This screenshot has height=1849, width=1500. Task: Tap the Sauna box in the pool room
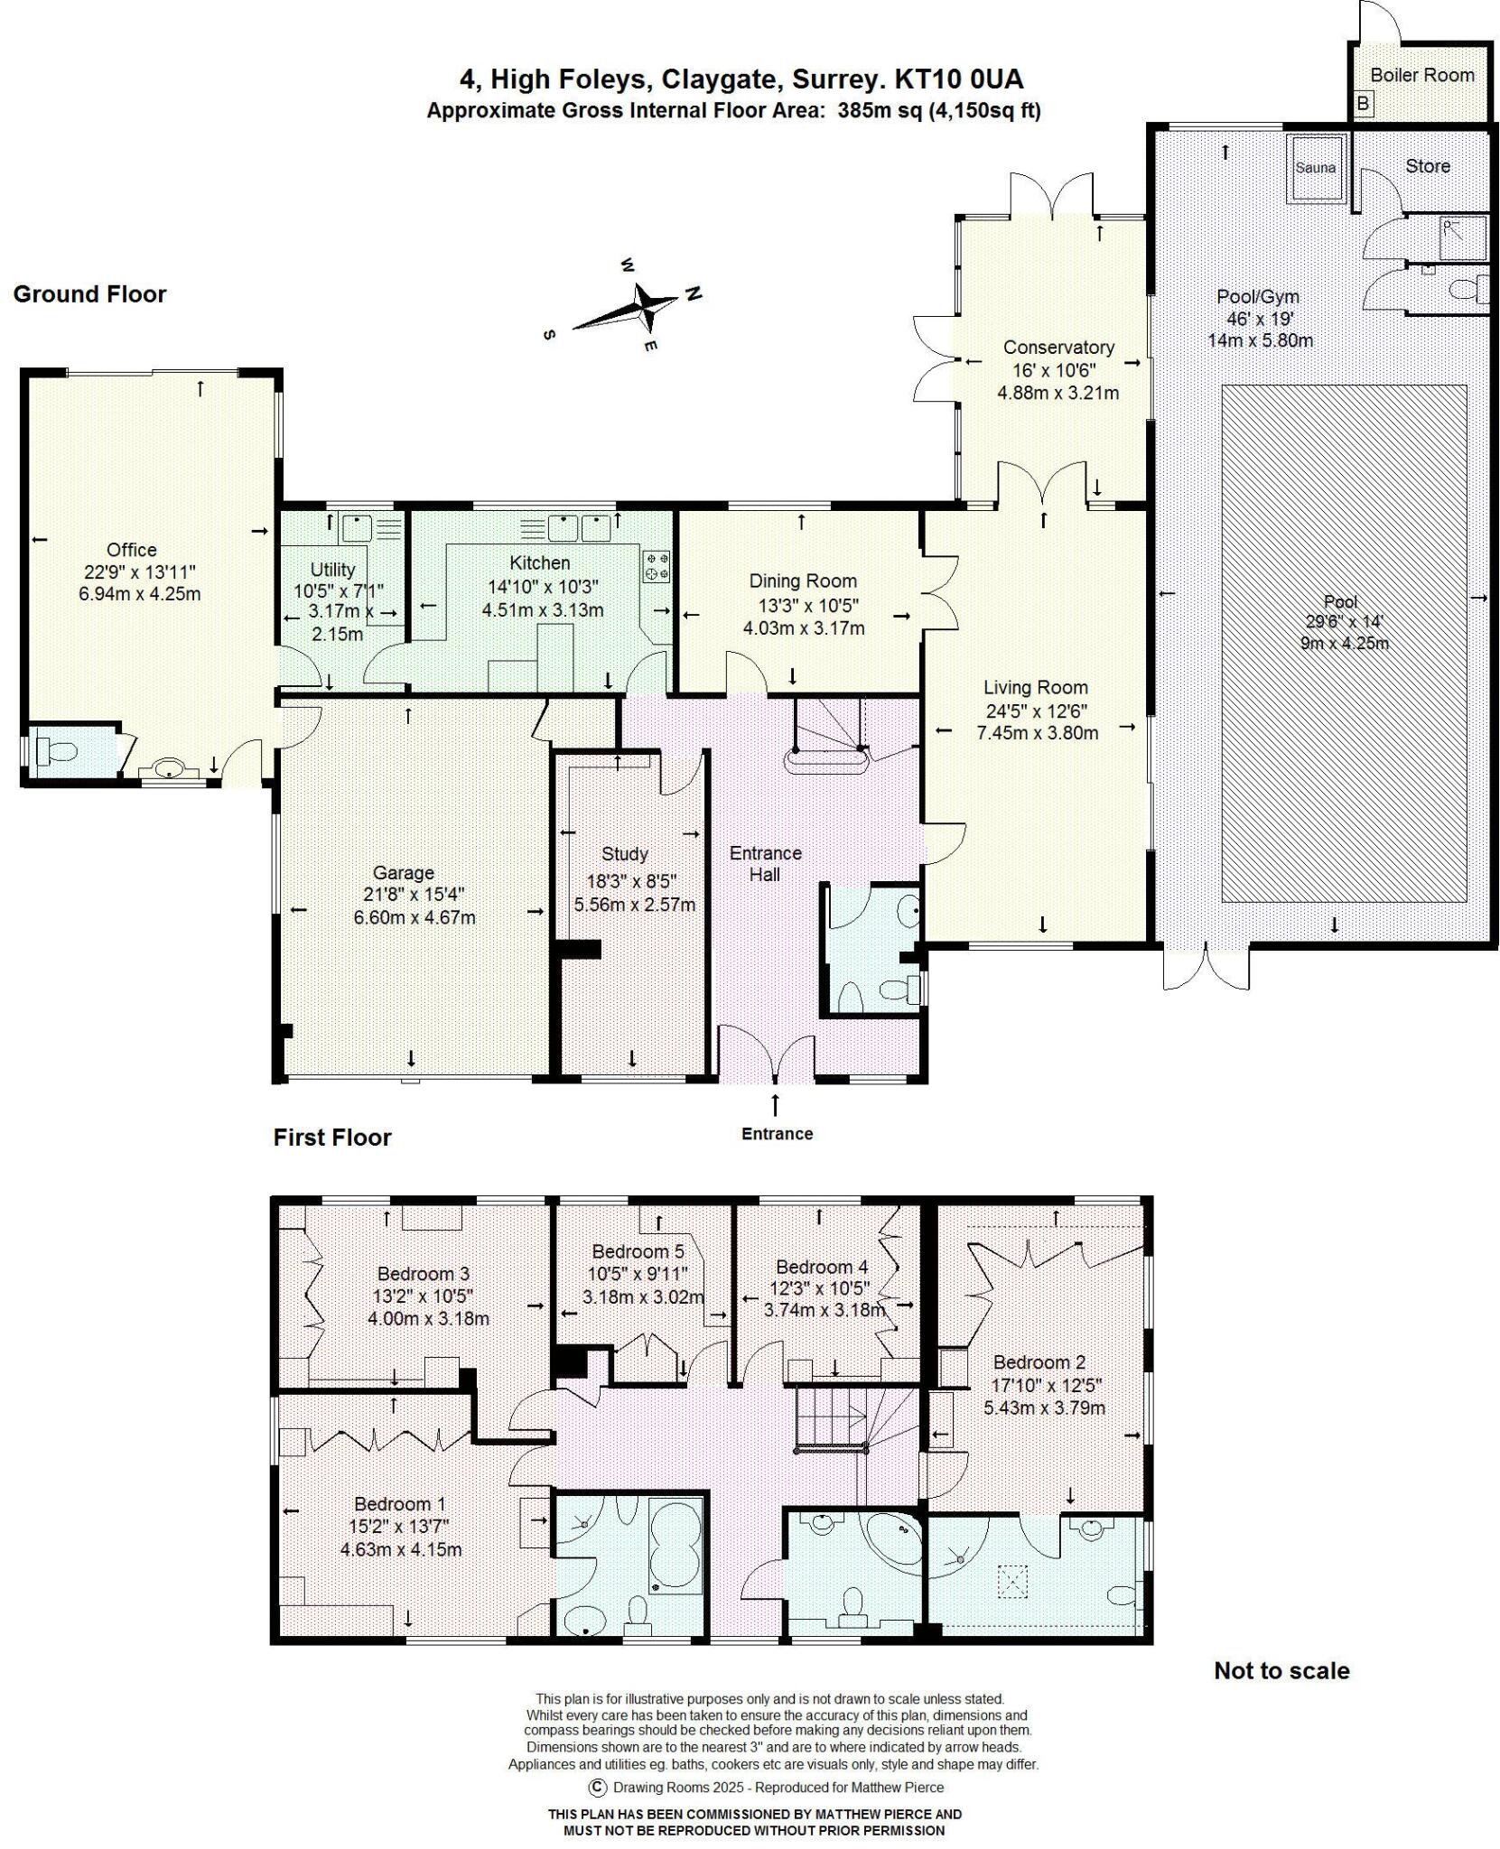1315,168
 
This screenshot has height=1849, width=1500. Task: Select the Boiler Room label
1421,75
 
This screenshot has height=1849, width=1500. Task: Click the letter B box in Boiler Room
1363,105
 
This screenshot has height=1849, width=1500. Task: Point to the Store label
1427,166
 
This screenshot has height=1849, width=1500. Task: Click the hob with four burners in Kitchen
657,566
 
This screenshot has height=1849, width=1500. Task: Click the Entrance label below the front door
777,1134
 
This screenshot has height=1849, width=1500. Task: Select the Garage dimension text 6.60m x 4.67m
414,917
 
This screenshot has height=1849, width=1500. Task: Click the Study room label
624,853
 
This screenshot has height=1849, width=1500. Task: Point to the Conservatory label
1057,347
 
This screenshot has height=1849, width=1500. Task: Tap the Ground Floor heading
89,294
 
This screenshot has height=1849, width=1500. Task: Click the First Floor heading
331,1138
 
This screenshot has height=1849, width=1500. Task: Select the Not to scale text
1281,1671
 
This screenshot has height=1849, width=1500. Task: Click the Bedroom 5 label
638,1251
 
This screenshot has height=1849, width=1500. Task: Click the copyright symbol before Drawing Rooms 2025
596,1787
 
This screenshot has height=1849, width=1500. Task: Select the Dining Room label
803,581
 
